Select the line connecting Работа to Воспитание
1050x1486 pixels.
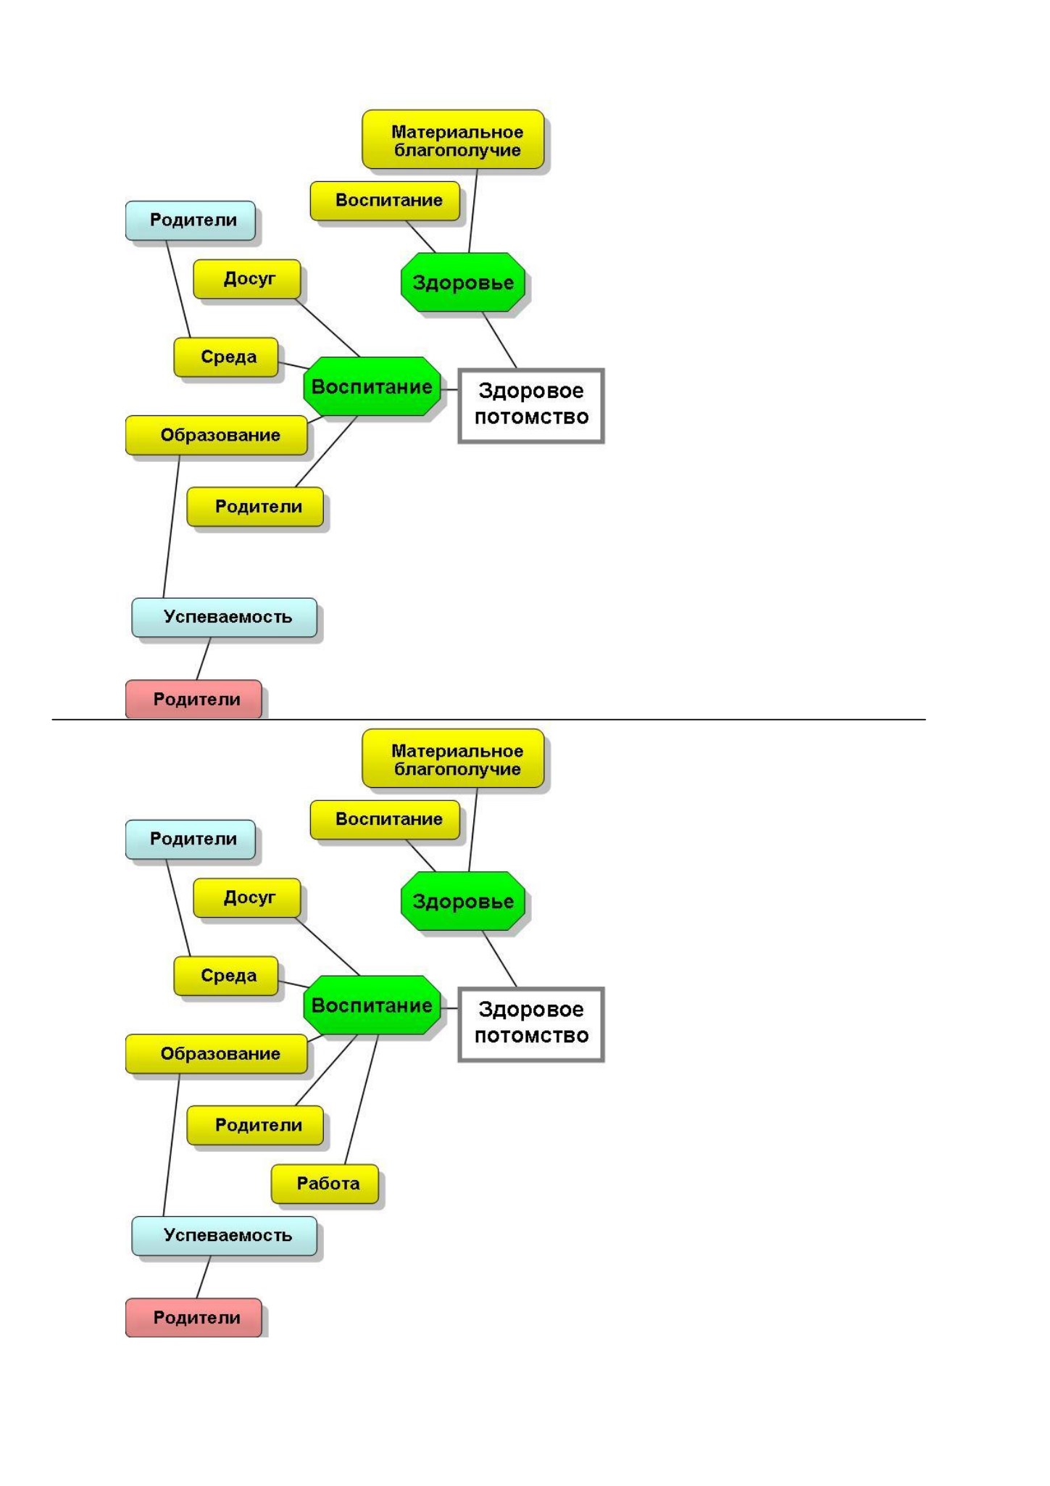[361, 1099]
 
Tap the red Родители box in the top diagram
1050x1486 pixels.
[193, 699]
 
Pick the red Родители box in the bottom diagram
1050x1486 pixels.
[193, 1318]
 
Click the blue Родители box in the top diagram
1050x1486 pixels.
[191, 220]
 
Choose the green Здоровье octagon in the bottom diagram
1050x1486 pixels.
[462, 901]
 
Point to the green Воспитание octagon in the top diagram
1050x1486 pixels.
[372, 386]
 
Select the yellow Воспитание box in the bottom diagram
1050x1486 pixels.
[385, 820]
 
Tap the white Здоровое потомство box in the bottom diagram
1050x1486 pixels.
[531, 1024]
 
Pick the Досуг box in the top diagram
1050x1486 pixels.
[246, 279]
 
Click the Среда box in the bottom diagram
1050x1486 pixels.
[226, 976]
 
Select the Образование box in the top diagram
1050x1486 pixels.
[217, 435]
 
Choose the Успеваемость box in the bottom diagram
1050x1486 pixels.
[224, 1236]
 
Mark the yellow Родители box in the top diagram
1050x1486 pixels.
[255, 507]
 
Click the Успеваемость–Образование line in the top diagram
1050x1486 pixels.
[171, 526]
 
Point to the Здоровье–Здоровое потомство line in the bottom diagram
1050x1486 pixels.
[500, 959]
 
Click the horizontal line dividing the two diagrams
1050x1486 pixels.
[489, 720]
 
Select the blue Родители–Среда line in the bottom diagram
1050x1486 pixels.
[178, 908]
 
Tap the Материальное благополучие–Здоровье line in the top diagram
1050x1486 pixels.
[472, 211]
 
